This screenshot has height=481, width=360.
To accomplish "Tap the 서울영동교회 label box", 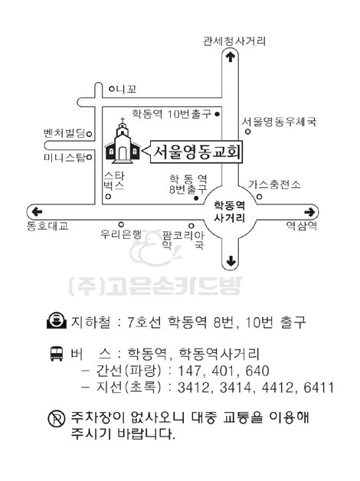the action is [196, 152].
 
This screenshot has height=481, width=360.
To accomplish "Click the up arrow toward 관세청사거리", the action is [231, 57].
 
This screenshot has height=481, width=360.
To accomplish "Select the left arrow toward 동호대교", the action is [37, 211].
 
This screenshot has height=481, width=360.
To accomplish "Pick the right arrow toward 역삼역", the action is [309, 212].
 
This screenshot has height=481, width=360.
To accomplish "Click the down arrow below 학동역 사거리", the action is [231, 261].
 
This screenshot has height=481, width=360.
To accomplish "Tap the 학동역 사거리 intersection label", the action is [229, 211].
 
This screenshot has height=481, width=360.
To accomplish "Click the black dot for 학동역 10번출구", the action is [217, 114].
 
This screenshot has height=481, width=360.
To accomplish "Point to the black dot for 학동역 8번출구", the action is [196, 198].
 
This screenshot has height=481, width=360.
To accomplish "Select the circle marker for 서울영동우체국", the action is [247, 132].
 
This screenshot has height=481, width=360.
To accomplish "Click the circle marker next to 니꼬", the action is [112, 90].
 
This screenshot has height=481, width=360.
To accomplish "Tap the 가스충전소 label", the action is [274, 185].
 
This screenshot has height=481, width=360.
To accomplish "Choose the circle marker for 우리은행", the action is [121, 225].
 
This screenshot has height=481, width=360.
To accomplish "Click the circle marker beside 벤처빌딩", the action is [90, 134].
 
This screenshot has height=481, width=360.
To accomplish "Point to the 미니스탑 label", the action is [64, 158].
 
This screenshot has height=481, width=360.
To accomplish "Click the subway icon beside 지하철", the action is [57, 321].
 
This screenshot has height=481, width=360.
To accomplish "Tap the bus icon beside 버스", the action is [57, 354].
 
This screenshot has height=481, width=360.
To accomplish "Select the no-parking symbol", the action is [57, 418].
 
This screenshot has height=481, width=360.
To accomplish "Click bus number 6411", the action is [319, 388].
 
